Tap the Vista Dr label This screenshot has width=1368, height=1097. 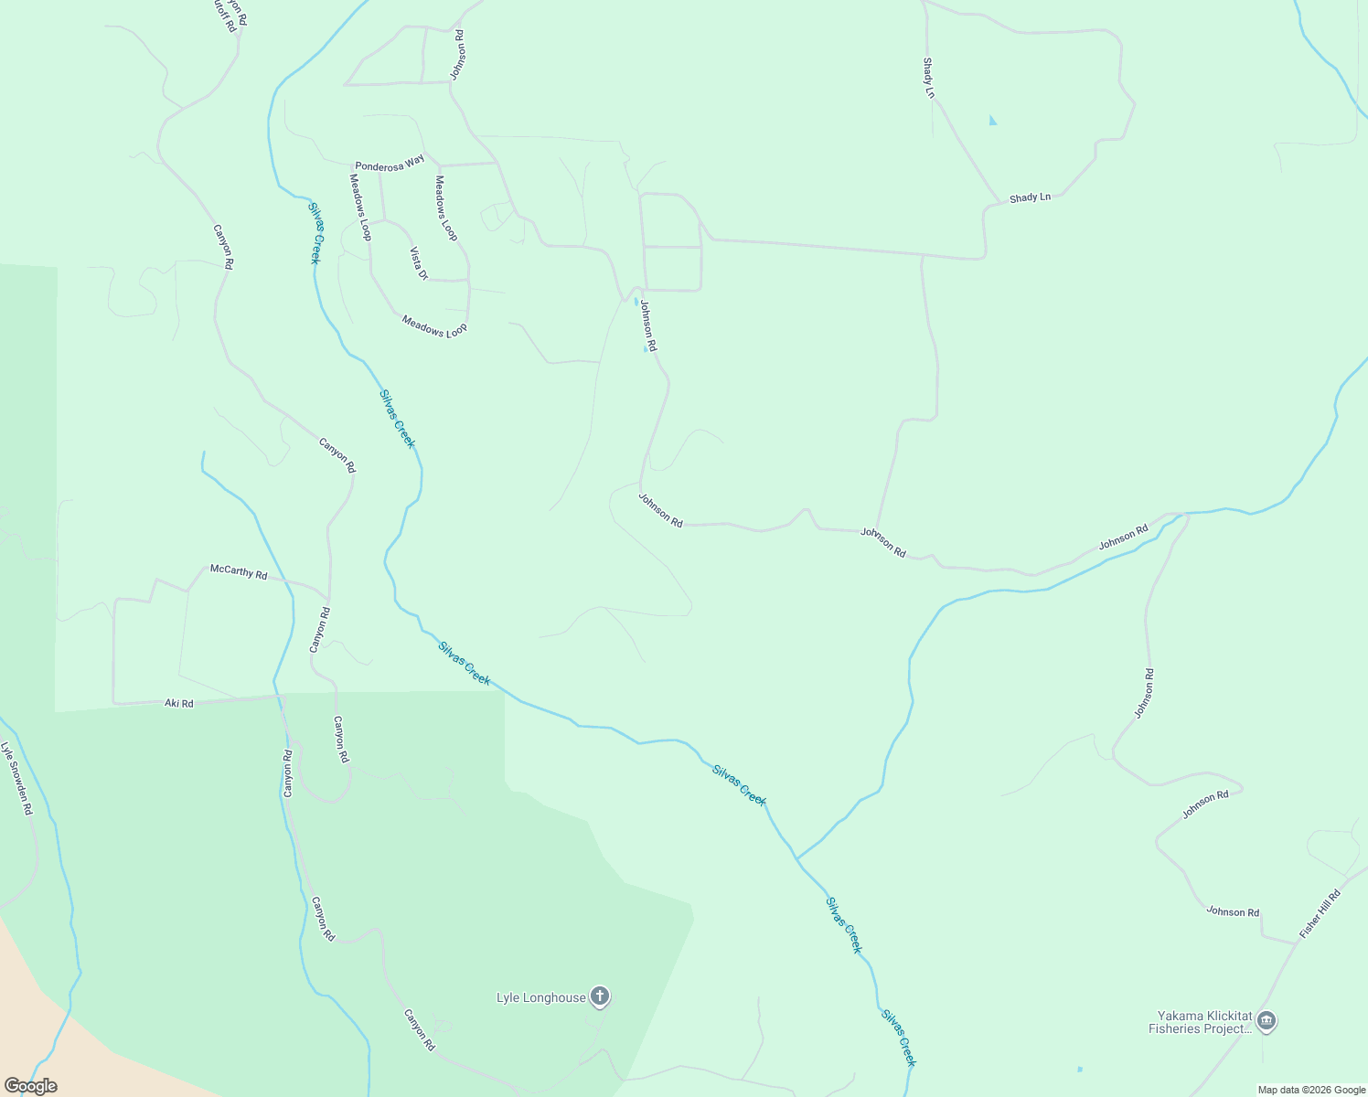pyautogui.click(x=419, y=262)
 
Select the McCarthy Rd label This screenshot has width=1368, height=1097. pyautogui.click(x=239, y=571)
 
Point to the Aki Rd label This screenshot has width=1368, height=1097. pyautogui.click(x=179, y=703)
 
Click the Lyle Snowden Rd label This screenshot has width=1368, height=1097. pyautogui.click(x=16, y=777)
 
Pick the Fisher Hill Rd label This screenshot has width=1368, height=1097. pyautogui.click(x=1320, y=913)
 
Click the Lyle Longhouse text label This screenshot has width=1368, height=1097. pyautogui.click(x=540, y=997)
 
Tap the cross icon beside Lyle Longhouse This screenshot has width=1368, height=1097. pyautogui.click(x=600, y=996)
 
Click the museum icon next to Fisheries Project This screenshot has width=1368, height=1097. pyautogui.click(x=1266, y=1021)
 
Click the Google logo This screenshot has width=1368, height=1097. pyautogui.click(x=30, y=1085)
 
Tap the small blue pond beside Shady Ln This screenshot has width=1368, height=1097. pyautogui.click(x=993, y=121)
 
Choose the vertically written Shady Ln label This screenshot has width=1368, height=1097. pyautogui.click(x=929, y=78)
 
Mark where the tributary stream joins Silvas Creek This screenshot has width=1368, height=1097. pyautogui.click(x=796, y=859)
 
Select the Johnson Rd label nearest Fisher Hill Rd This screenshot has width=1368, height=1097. pyautogui.click(x=1233, y=911)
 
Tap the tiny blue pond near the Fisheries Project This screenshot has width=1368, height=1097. pyautogui.click(x=1080, y=1069)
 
